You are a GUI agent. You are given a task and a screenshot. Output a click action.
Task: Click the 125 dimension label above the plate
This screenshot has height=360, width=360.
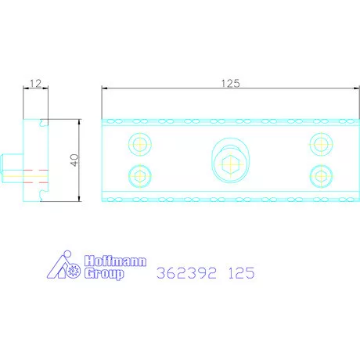[x=230, y=84]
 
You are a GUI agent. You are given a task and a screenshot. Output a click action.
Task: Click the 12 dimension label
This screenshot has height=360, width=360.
[x=35, y=84]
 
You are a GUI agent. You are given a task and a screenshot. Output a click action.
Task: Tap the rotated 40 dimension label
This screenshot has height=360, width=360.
[x=74, y=160]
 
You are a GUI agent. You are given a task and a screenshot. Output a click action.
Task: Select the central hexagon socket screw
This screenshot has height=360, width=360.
[x=230, y=164]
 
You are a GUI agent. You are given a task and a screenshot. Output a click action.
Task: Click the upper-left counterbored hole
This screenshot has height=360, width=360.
[x=140, y=144]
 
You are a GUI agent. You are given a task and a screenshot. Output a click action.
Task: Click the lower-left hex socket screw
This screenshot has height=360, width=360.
[x=140, y=176]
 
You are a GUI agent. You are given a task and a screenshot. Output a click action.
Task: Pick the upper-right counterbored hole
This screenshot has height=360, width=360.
[x=321, y=144]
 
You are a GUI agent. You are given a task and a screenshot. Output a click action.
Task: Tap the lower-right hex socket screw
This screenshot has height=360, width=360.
[x=321, y=176]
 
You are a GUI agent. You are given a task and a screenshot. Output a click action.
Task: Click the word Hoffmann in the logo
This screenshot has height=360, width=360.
[x=115, y=261]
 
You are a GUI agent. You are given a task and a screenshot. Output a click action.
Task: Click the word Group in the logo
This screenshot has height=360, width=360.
[x=104, y=274]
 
